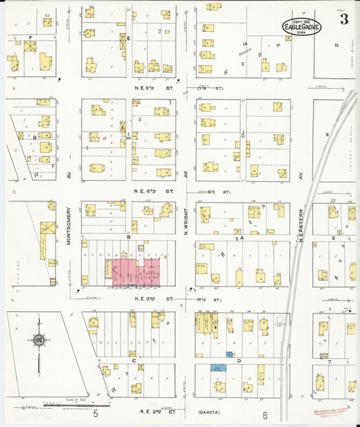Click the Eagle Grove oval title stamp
(302, 26)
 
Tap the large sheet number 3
(344, 20)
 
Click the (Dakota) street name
(211, 411)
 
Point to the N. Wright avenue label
(186, 220)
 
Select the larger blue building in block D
(218, 368)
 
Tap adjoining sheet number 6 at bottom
(265, 415)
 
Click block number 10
(336, 45)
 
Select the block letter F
(30, 36)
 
